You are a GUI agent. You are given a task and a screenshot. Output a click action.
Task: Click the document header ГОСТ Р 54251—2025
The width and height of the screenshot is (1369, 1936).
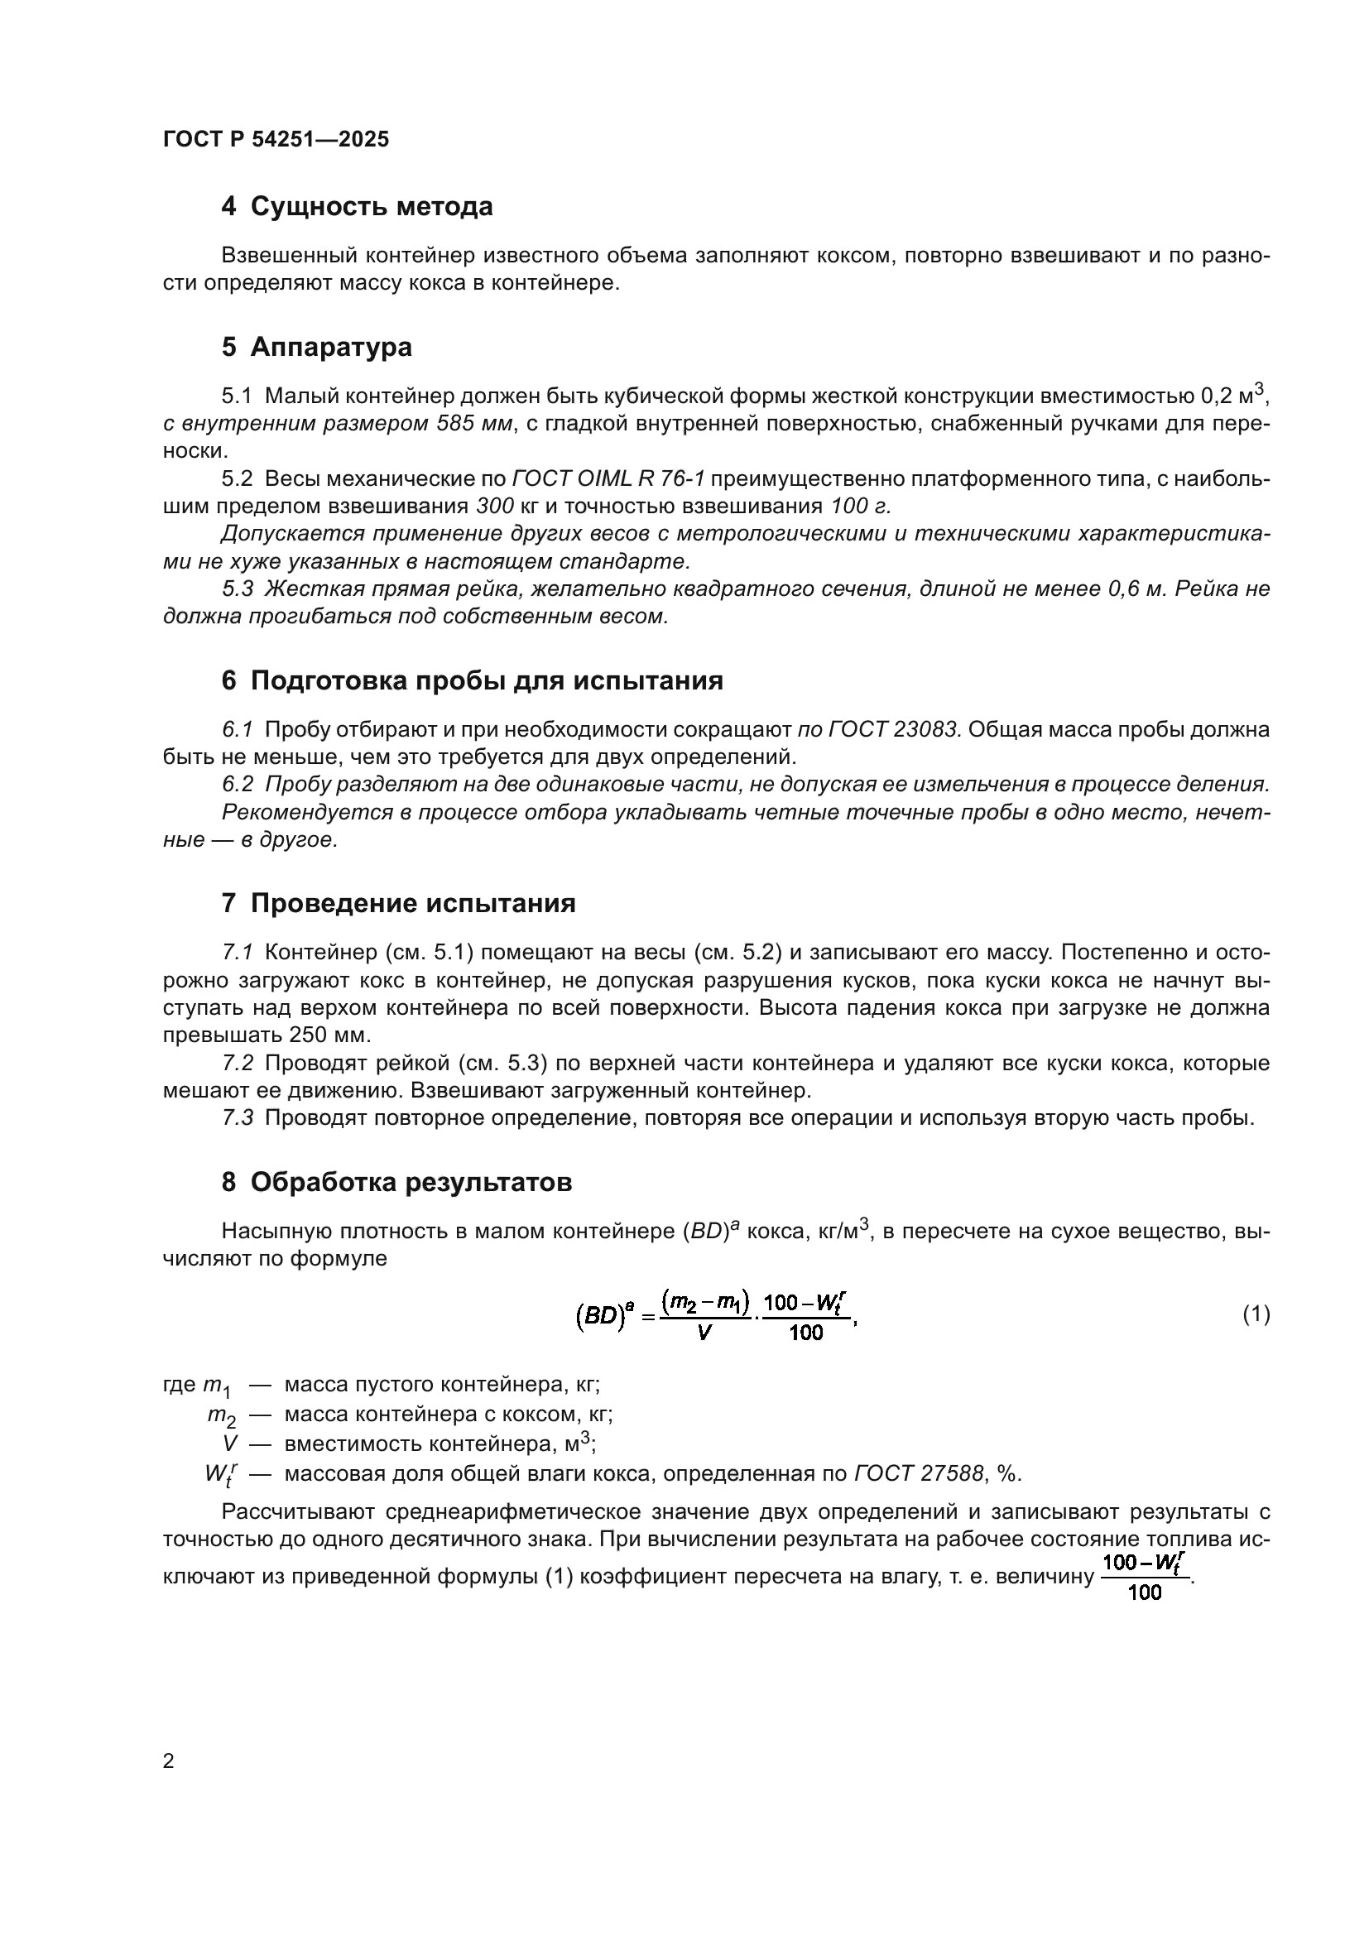(276, 140)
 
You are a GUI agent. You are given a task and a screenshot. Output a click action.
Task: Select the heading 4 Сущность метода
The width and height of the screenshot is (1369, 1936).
(357, 207)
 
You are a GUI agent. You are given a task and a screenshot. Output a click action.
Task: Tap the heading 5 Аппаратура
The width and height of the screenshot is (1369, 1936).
(316, 347)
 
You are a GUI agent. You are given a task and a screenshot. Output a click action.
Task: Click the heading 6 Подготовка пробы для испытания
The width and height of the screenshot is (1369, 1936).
(472, 680)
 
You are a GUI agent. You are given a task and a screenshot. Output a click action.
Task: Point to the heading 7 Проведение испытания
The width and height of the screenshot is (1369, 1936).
(398, 904)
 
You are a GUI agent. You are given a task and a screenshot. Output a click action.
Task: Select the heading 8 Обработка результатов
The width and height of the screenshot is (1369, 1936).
(396, 1182)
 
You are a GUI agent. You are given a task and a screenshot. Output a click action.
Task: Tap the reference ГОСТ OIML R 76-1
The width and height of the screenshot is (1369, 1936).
(608, 479)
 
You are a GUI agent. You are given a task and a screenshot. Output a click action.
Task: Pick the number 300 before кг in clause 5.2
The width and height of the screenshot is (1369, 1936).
(495, 507)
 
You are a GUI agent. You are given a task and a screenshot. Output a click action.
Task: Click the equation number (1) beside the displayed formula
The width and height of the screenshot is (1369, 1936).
(1256, 1314)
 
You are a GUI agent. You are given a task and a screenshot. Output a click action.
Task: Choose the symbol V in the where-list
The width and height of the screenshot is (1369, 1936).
(230, 1444)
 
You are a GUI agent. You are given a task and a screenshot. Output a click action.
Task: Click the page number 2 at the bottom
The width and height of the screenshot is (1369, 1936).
(169, 1761)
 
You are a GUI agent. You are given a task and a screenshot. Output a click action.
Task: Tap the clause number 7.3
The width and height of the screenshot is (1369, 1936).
(238, 1118)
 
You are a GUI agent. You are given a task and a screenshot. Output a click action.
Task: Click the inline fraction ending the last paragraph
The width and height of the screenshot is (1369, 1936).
(1145, 1577)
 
